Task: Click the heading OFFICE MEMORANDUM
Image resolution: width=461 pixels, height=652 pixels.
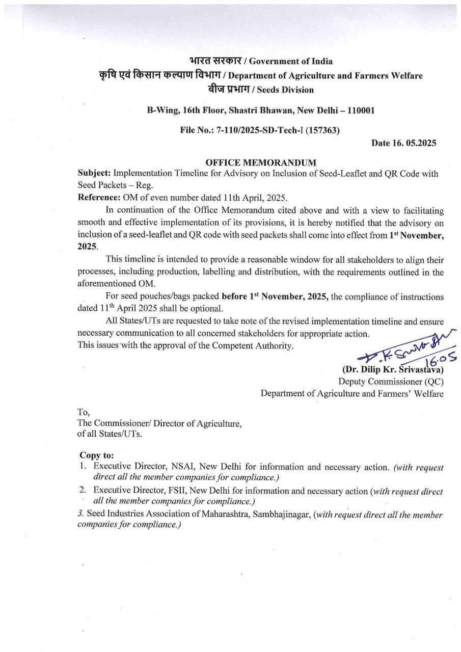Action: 260,162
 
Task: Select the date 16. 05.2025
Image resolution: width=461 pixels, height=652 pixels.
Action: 410,144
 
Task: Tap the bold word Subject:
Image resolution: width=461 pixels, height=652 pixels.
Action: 94,174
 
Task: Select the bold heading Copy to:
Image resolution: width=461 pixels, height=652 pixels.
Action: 97,455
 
